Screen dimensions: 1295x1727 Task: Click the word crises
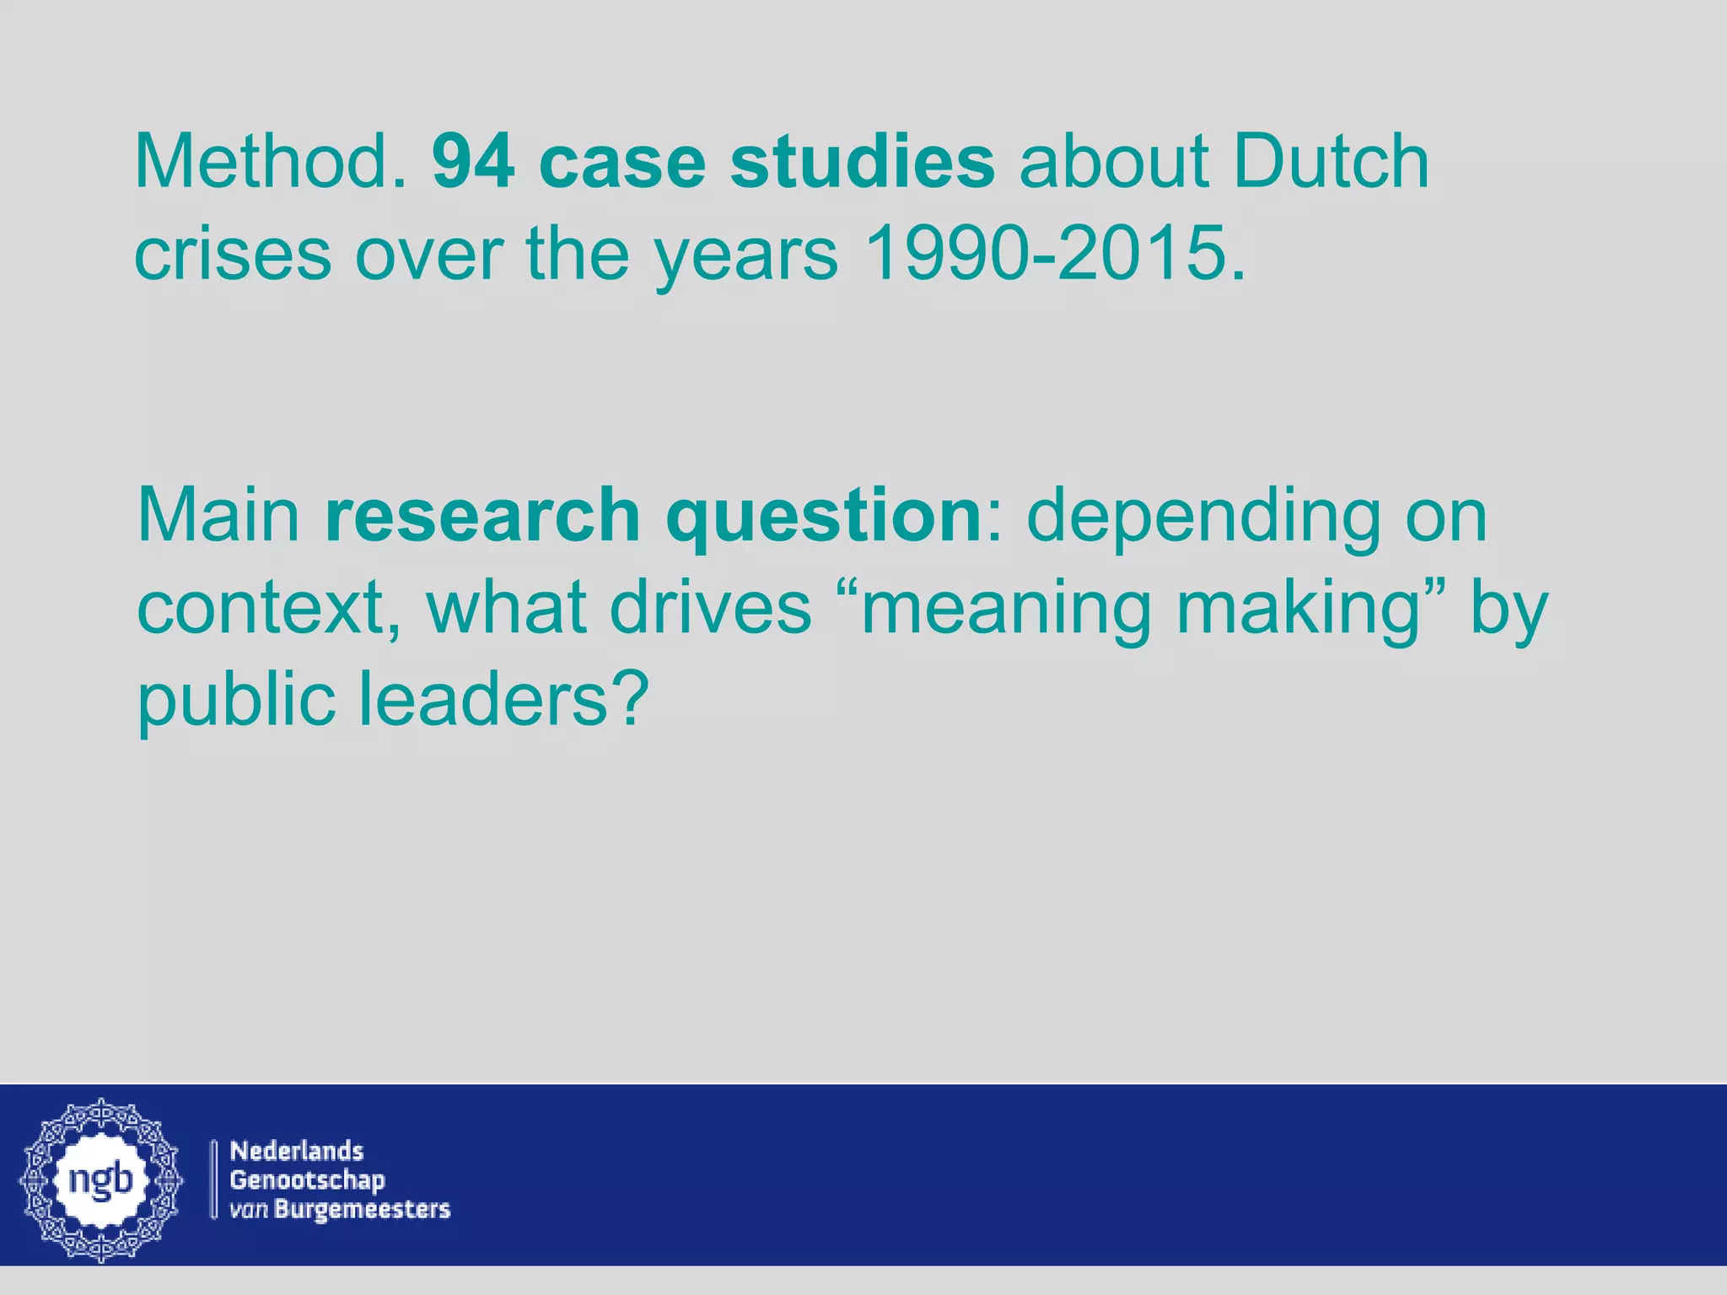(232, 254)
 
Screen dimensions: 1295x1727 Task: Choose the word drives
(710, 608)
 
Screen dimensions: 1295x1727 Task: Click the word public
(236, 701)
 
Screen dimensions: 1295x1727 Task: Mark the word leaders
(484, 701)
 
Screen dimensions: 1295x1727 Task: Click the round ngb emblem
(101, 1179)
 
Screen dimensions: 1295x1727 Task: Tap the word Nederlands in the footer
(297, 1151)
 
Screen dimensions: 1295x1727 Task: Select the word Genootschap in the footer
(307, 1179)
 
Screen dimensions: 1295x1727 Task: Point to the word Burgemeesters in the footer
(363, 1209)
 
